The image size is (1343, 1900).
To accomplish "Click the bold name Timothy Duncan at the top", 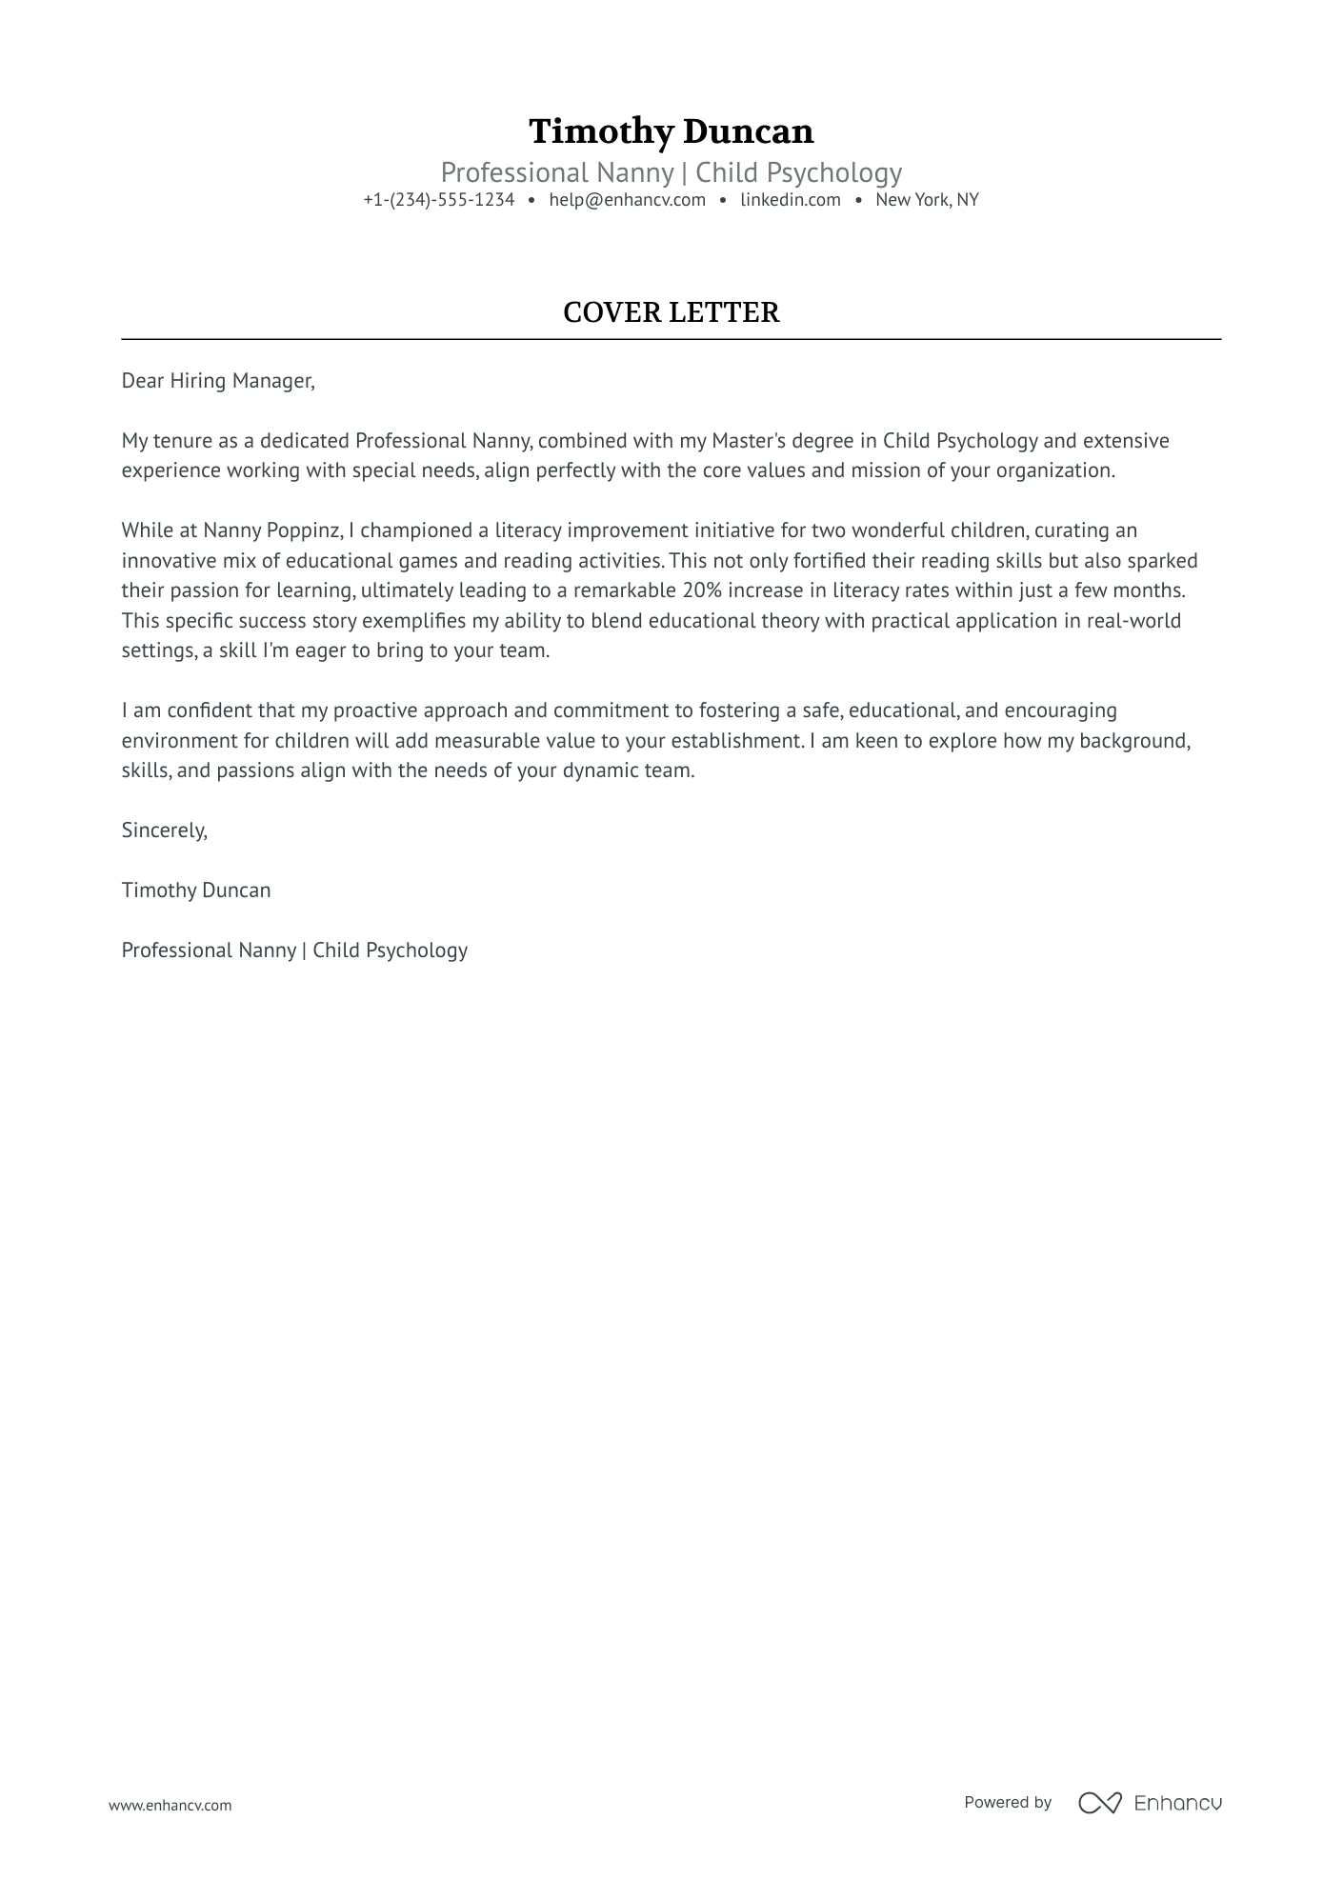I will [671, 131].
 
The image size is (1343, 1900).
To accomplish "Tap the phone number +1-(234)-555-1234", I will [438, 200].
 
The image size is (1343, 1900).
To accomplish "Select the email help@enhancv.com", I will [627, 200].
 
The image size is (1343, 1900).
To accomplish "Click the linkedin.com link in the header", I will [790, 200].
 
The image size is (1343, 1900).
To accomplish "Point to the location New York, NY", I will [927, 200].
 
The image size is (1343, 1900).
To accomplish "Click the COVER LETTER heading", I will [671, 312].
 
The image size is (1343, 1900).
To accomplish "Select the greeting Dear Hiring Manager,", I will [217, 381].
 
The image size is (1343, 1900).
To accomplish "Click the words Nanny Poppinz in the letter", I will [271, 530].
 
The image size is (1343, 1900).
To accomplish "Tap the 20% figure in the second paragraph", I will [702, 590].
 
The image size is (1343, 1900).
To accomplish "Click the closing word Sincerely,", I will [164, 830].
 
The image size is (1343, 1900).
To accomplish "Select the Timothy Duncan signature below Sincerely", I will [196, 890].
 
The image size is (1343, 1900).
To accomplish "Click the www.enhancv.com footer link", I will [170, 1805].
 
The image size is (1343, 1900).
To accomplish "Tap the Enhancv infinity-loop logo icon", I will [1099, 1803].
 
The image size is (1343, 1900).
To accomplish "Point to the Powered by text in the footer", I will [1007, 1802].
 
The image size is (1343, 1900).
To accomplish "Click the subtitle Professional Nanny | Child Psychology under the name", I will [671, 172].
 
